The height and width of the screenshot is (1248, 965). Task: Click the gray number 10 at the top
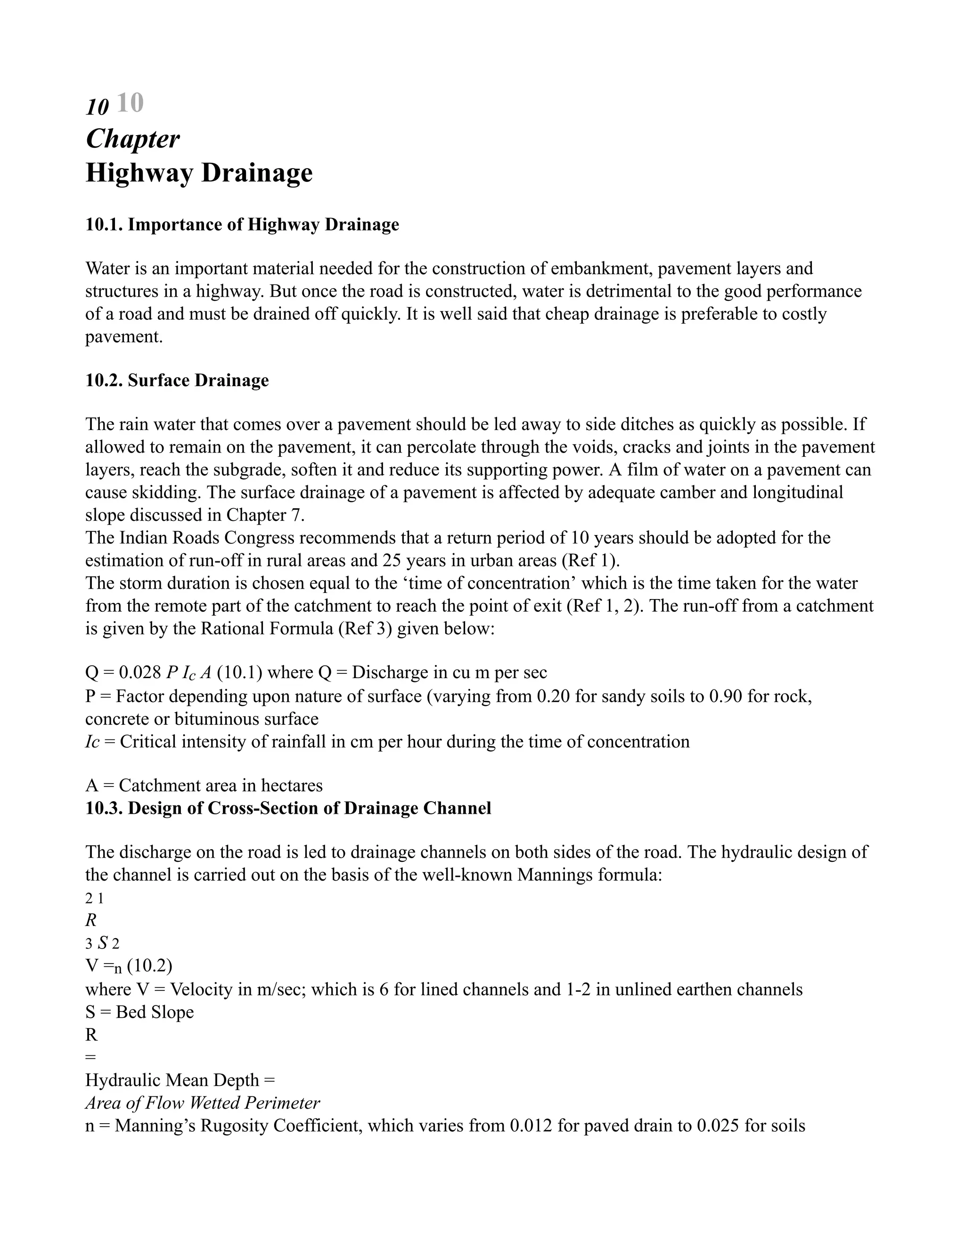[130, 104]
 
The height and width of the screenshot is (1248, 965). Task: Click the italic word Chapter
[132, 139]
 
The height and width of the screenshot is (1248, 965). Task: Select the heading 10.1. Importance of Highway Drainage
[242, 225]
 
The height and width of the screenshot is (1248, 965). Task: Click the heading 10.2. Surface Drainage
[177, 381]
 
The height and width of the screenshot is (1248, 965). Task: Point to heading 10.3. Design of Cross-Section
[288, 808]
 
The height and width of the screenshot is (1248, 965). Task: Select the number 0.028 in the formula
[140, 673]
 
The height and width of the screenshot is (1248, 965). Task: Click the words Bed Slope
[155, 1012]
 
